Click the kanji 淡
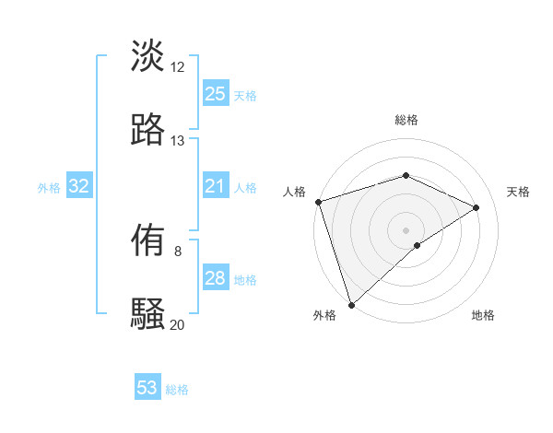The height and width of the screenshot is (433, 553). (147, 55)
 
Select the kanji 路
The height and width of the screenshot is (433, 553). (147, 130)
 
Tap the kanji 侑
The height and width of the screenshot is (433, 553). (147, 241)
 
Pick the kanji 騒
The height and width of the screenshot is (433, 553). (147, 314)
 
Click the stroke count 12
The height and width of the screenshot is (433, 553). (178, 67)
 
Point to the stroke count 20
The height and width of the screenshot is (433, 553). (178, 324)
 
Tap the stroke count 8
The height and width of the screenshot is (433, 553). (178, 251)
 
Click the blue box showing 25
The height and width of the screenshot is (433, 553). (215, 94)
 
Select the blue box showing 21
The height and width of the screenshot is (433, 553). (215, 187)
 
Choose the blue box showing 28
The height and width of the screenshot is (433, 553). (215, 278)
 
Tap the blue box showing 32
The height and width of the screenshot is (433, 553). (79, 187)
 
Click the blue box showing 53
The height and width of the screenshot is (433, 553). (147, 388)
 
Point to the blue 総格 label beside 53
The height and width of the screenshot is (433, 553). (177, 390)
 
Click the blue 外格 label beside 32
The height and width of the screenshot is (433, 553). (49, 188)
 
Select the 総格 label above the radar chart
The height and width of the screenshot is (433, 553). (406, 120)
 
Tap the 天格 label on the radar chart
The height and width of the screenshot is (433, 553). (519, 192)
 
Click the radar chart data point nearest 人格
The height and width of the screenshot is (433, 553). (318, 202)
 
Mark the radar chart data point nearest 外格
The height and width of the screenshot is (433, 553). (351, 304)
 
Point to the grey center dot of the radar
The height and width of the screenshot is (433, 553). (406, 229)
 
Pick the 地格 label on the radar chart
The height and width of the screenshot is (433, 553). (483, 316)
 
